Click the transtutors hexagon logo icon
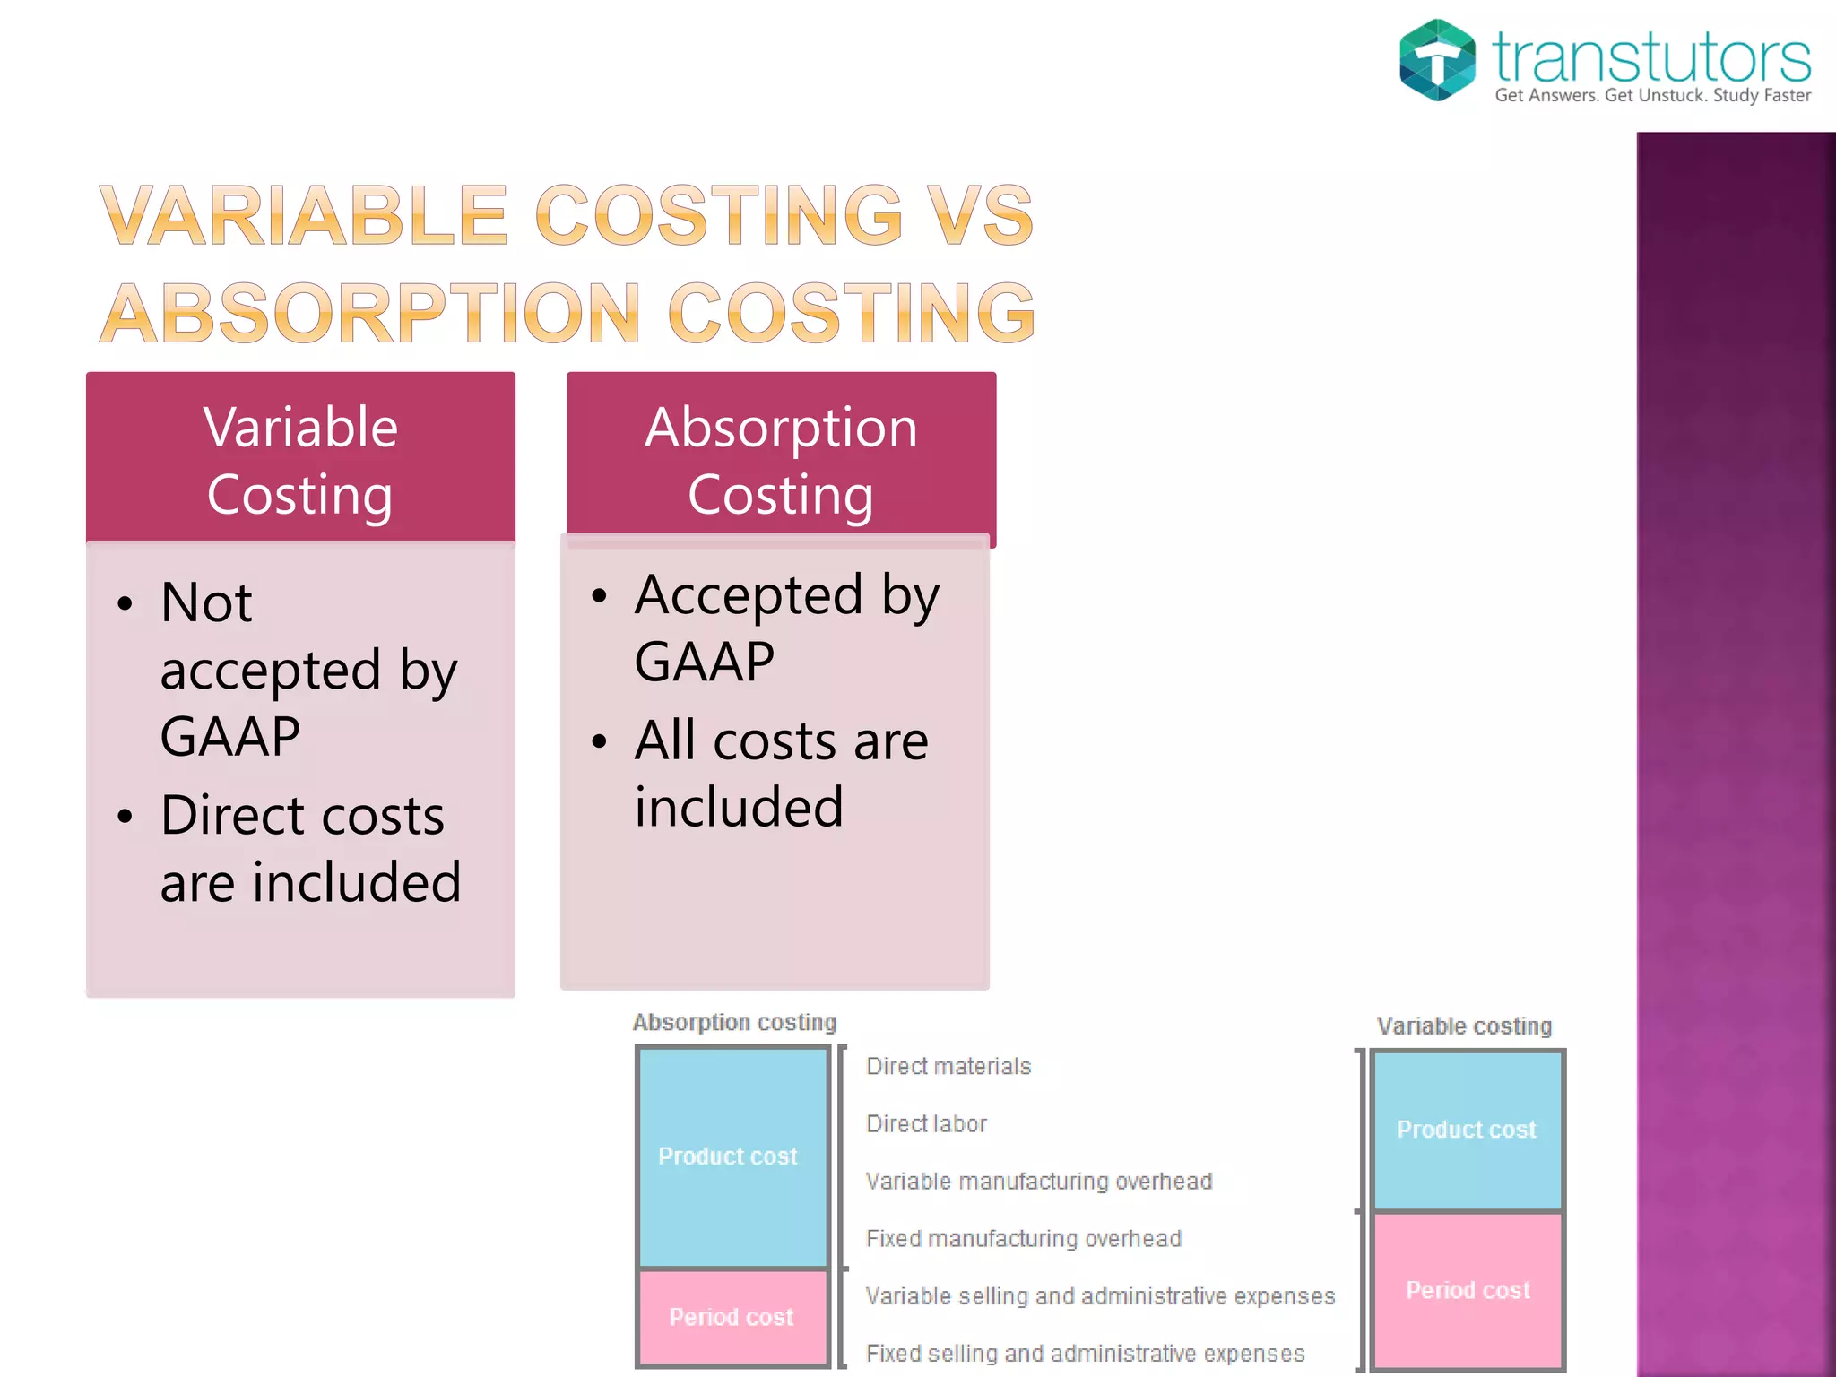(x=1437, y=60)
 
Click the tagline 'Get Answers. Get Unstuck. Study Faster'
(x=1652, y=95)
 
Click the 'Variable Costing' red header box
(x=300, y=460)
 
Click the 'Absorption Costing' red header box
(x=781, y=460)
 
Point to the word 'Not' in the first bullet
(x=206, y=602)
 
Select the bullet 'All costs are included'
(x=780, y=773)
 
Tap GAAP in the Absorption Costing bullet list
(x=704, y=663)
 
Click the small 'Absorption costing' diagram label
(x=734, y=1022)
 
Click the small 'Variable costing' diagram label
(x=1464, y=1026)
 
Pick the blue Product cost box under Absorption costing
(x=731, y=1156)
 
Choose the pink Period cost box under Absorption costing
(x=731, y=1317)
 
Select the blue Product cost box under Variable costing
(x=1467, y=1130)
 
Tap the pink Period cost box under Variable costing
(x=1468, y=1290)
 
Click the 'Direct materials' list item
(x=948, y=1066)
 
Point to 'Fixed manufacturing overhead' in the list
(x=1024, y=1238)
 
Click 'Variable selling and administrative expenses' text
(x=1100, y=1295)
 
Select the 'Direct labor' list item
(x=926, y=1123)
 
